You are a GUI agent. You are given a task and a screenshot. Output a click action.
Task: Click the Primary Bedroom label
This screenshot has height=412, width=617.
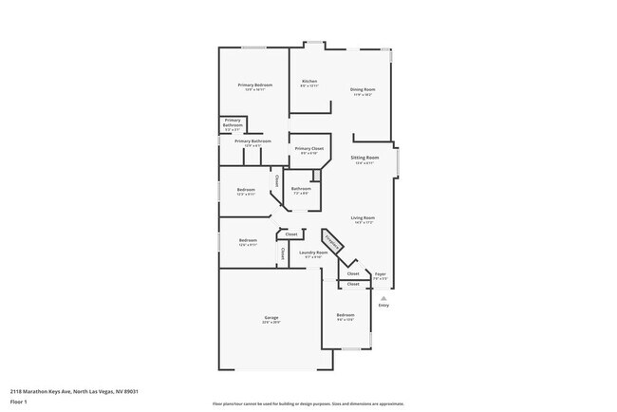[254, 85]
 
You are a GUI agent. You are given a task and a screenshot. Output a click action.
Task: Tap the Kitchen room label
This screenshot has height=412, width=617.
[309, 82]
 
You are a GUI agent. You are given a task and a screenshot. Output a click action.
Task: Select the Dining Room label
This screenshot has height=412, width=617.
[364, 89]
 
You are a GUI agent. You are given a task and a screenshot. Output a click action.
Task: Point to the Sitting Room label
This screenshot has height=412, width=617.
[365, 158]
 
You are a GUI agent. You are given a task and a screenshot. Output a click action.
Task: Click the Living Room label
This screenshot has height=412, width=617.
[363, 217]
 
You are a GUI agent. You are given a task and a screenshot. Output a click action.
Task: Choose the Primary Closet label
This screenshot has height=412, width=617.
[309, 149]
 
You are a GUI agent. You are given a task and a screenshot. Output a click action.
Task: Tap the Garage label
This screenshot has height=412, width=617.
[271, 317]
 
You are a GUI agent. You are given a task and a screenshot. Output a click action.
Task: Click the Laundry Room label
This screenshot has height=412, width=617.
[313, 253]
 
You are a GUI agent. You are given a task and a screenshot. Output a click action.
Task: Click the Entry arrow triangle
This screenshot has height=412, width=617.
[383, 297]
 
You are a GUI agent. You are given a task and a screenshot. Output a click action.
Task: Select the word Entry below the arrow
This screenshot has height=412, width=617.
[383, 306]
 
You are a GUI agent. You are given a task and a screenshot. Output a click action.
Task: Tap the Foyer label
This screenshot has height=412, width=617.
[380, 273]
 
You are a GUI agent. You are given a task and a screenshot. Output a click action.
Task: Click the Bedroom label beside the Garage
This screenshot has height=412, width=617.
[346, 315]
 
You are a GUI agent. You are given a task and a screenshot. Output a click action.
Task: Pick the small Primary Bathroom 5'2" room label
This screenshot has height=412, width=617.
[233, 122]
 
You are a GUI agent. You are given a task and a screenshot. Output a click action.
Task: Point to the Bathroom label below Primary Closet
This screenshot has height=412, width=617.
[302, 188]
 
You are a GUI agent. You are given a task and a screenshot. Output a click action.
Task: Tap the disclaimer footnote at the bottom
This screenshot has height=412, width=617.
[308, 403]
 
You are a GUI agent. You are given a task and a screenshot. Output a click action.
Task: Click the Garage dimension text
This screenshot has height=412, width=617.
[271, 322]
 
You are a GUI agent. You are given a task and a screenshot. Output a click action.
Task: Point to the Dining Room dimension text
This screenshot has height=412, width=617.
[364, 94]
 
